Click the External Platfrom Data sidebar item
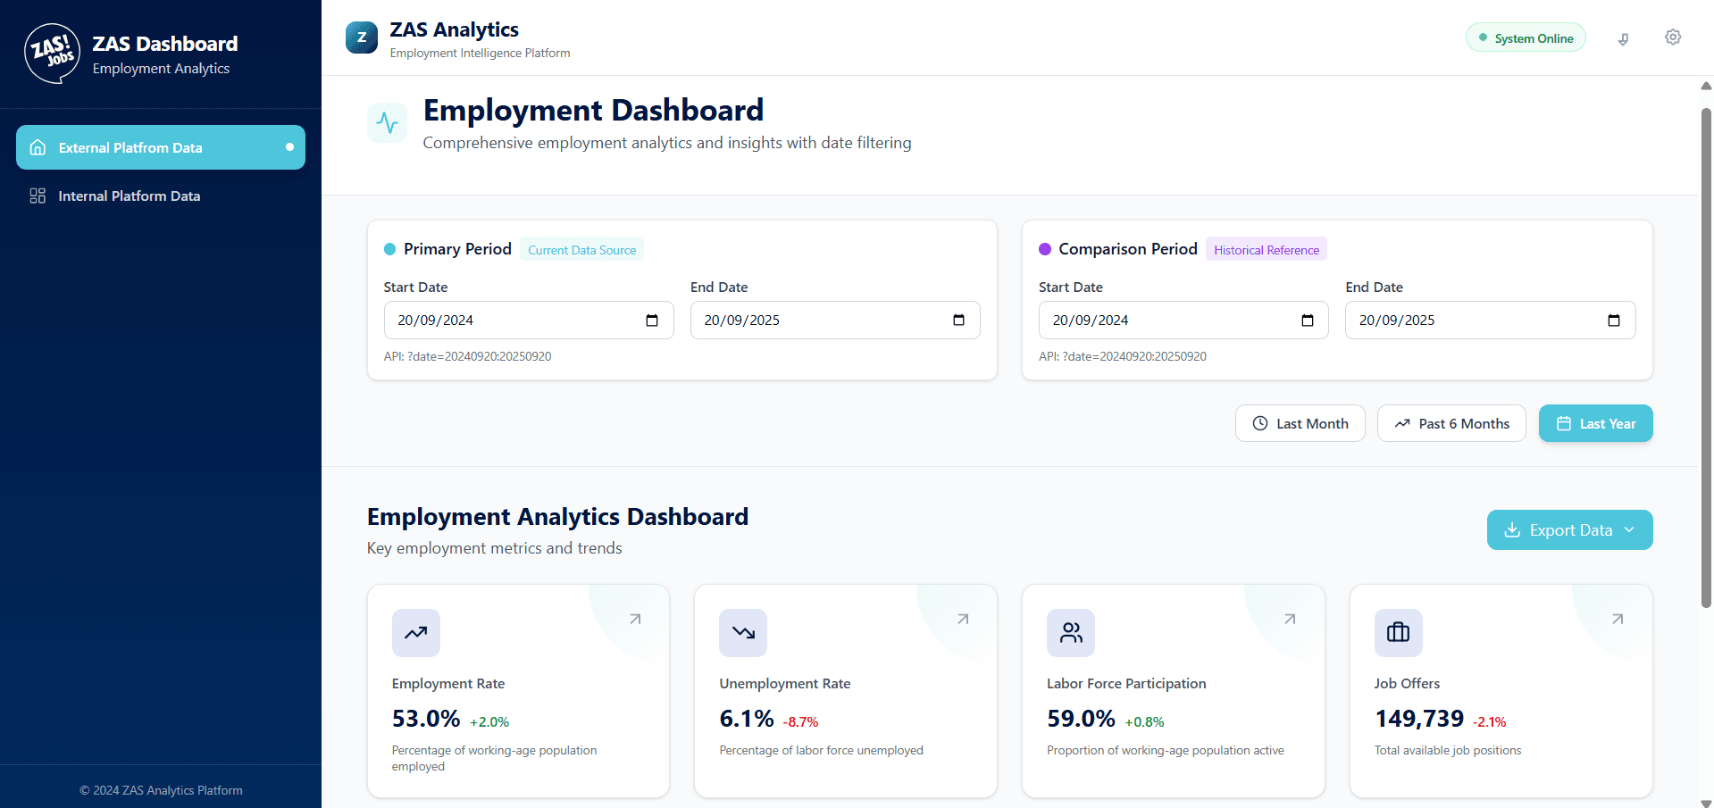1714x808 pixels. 161,147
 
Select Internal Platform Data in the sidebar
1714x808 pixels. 129,196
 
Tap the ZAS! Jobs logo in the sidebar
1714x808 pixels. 53,54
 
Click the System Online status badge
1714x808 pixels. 1526,38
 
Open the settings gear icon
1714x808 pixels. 1673,37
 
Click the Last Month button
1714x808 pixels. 1300,423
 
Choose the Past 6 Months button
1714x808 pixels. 1451,423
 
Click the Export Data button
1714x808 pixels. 1569,530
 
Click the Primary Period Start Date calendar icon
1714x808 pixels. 652,321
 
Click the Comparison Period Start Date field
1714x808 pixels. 1170,321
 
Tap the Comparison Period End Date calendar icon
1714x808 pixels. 1614,321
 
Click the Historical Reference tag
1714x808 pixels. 1267,250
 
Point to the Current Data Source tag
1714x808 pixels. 581,250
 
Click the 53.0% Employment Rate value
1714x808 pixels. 426,719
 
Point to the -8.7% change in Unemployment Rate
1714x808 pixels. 800,722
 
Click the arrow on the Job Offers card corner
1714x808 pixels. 1618,619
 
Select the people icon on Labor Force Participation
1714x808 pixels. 1071,633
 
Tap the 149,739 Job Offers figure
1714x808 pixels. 1419,719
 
